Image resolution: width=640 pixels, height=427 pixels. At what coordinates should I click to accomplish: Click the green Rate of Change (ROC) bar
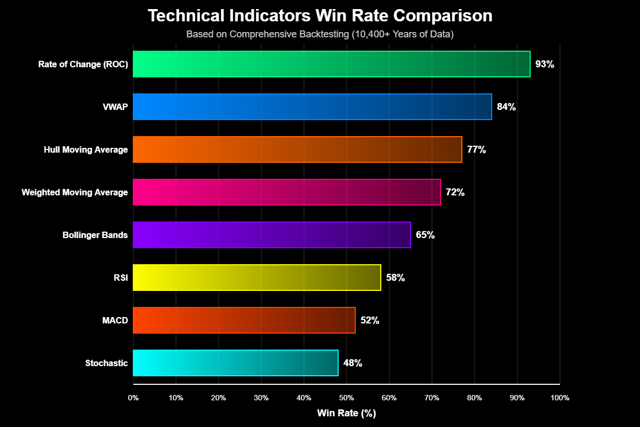[x=331, y=64]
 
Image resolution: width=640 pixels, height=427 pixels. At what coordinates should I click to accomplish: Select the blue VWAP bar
[x=312, y=107]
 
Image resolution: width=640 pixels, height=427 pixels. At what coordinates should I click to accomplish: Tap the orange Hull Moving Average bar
[x=297, y=149]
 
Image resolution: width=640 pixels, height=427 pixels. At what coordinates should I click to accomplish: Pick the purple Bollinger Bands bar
[x=271, y=235]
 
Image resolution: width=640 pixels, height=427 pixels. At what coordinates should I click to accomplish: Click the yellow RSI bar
[x=257, y=278]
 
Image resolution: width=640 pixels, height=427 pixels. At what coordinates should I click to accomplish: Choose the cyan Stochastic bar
[x=235, y=363]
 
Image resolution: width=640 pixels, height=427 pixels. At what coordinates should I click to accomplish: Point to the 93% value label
[x=545, y=64]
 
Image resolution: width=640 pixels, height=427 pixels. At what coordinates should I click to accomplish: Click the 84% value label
[x=506, y=107]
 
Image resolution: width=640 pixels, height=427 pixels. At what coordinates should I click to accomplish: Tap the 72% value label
[x=455, y=192]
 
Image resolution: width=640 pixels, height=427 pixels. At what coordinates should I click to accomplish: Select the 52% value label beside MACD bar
[x=370, y=320]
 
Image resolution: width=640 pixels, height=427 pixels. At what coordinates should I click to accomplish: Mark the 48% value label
[x=353, y=363]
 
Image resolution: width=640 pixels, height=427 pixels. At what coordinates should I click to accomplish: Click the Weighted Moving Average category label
[x=75, y=192]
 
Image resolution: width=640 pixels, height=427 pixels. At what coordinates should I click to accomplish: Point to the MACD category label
[x=115, y=320]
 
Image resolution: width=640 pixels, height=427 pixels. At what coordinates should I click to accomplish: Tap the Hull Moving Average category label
[x=86, y=149]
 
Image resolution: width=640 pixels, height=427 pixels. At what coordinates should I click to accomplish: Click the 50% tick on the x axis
[x=346, y=398]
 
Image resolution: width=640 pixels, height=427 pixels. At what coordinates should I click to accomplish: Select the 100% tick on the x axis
[x=559, y=398]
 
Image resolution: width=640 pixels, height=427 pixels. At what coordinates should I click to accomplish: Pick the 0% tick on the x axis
[x=133, y=398]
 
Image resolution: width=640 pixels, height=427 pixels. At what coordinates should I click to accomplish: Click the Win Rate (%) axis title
[x=346, y=413]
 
